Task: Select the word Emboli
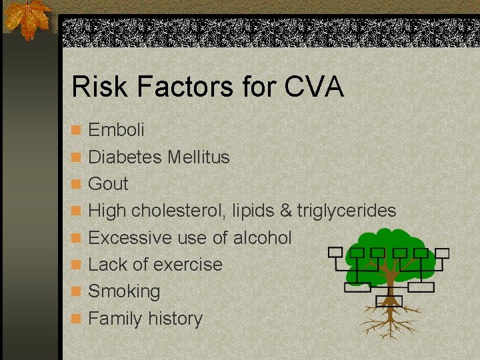116,129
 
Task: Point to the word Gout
108,183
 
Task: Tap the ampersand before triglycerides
286,211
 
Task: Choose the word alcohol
262,237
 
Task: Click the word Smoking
124,292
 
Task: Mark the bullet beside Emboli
77,130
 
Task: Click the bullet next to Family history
77,319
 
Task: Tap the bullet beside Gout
77,184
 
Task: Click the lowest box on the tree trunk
389,301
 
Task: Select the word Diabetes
125,157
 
